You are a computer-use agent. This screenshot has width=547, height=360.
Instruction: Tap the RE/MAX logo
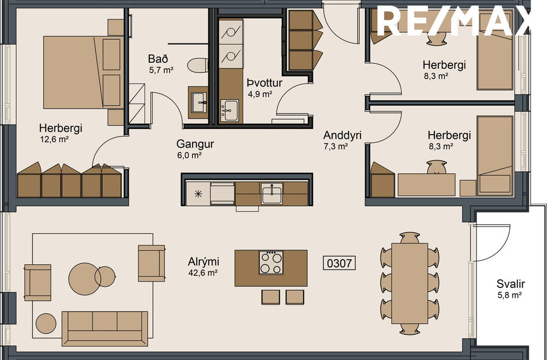[x=455, y=21]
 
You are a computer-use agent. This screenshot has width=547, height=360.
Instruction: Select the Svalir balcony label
[x=510, y=284]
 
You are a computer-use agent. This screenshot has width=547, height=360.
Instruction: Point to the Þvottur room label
[x=264, y=82]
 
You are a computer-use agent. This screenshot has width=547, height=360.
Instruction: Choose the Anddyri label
[x=343, y=135]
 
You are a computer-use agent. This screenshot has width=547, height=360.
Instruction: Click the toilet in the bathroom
[x=198, y=65]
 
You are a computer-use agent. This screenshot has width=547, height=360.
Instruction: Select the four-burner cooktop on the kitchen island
[x=271, y=262]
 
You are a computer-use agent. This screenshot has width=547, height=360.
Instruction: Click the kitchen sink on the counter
[x=272, y=193]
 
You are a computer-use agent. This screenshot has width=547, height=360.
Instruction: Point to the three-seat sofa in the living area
[x=105, y=328]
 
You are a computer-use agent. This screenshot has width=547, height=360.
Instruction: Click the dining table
[x=410, y=283]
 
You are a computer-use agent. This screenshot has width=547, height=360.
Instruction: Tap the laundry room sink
[x=230, y=108]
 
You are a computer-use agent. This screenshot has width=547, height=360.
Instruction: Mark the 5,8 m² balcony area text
[x=510, y=296]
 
